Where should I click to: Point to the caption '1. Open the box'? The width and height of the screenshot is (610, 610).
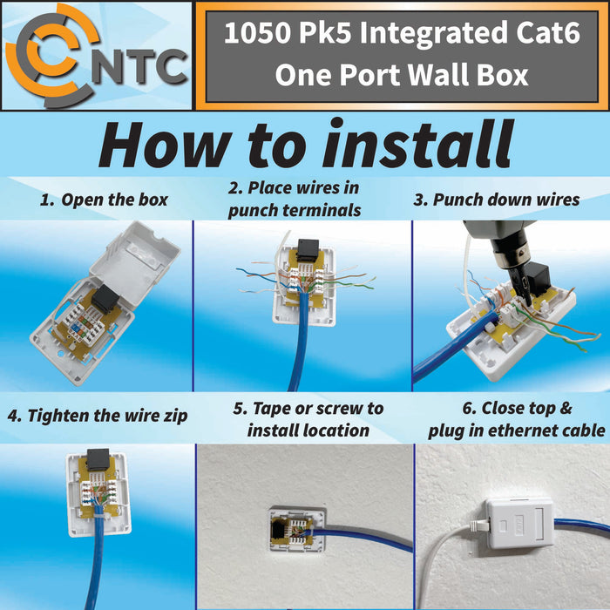pos(104,200)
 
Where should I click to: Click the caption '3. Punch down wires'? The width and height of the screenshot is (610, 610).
pos(496,200)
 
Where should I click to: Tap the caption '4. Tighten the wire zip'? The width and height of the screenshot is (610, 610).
pos(97,415)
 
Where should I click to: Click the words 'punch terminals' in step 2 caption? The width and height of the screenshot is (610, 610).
pos(295,210)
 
